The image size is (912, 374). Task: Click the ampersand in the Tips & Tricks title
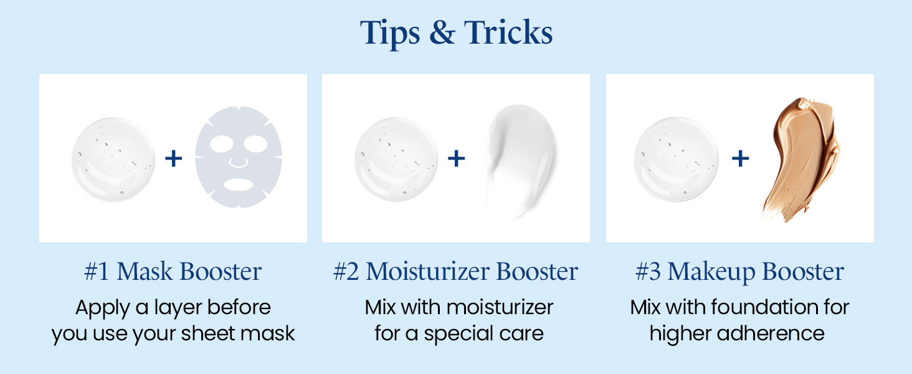point(443,34)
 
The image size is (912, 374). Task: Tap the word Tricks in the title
point(507,34)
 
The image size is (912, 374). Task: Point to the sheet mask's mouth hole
point(239,185)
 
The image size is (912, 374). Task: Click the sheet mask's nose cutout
point(237,163)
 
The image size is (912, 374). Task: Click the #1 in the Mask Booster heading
point(97,272)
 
